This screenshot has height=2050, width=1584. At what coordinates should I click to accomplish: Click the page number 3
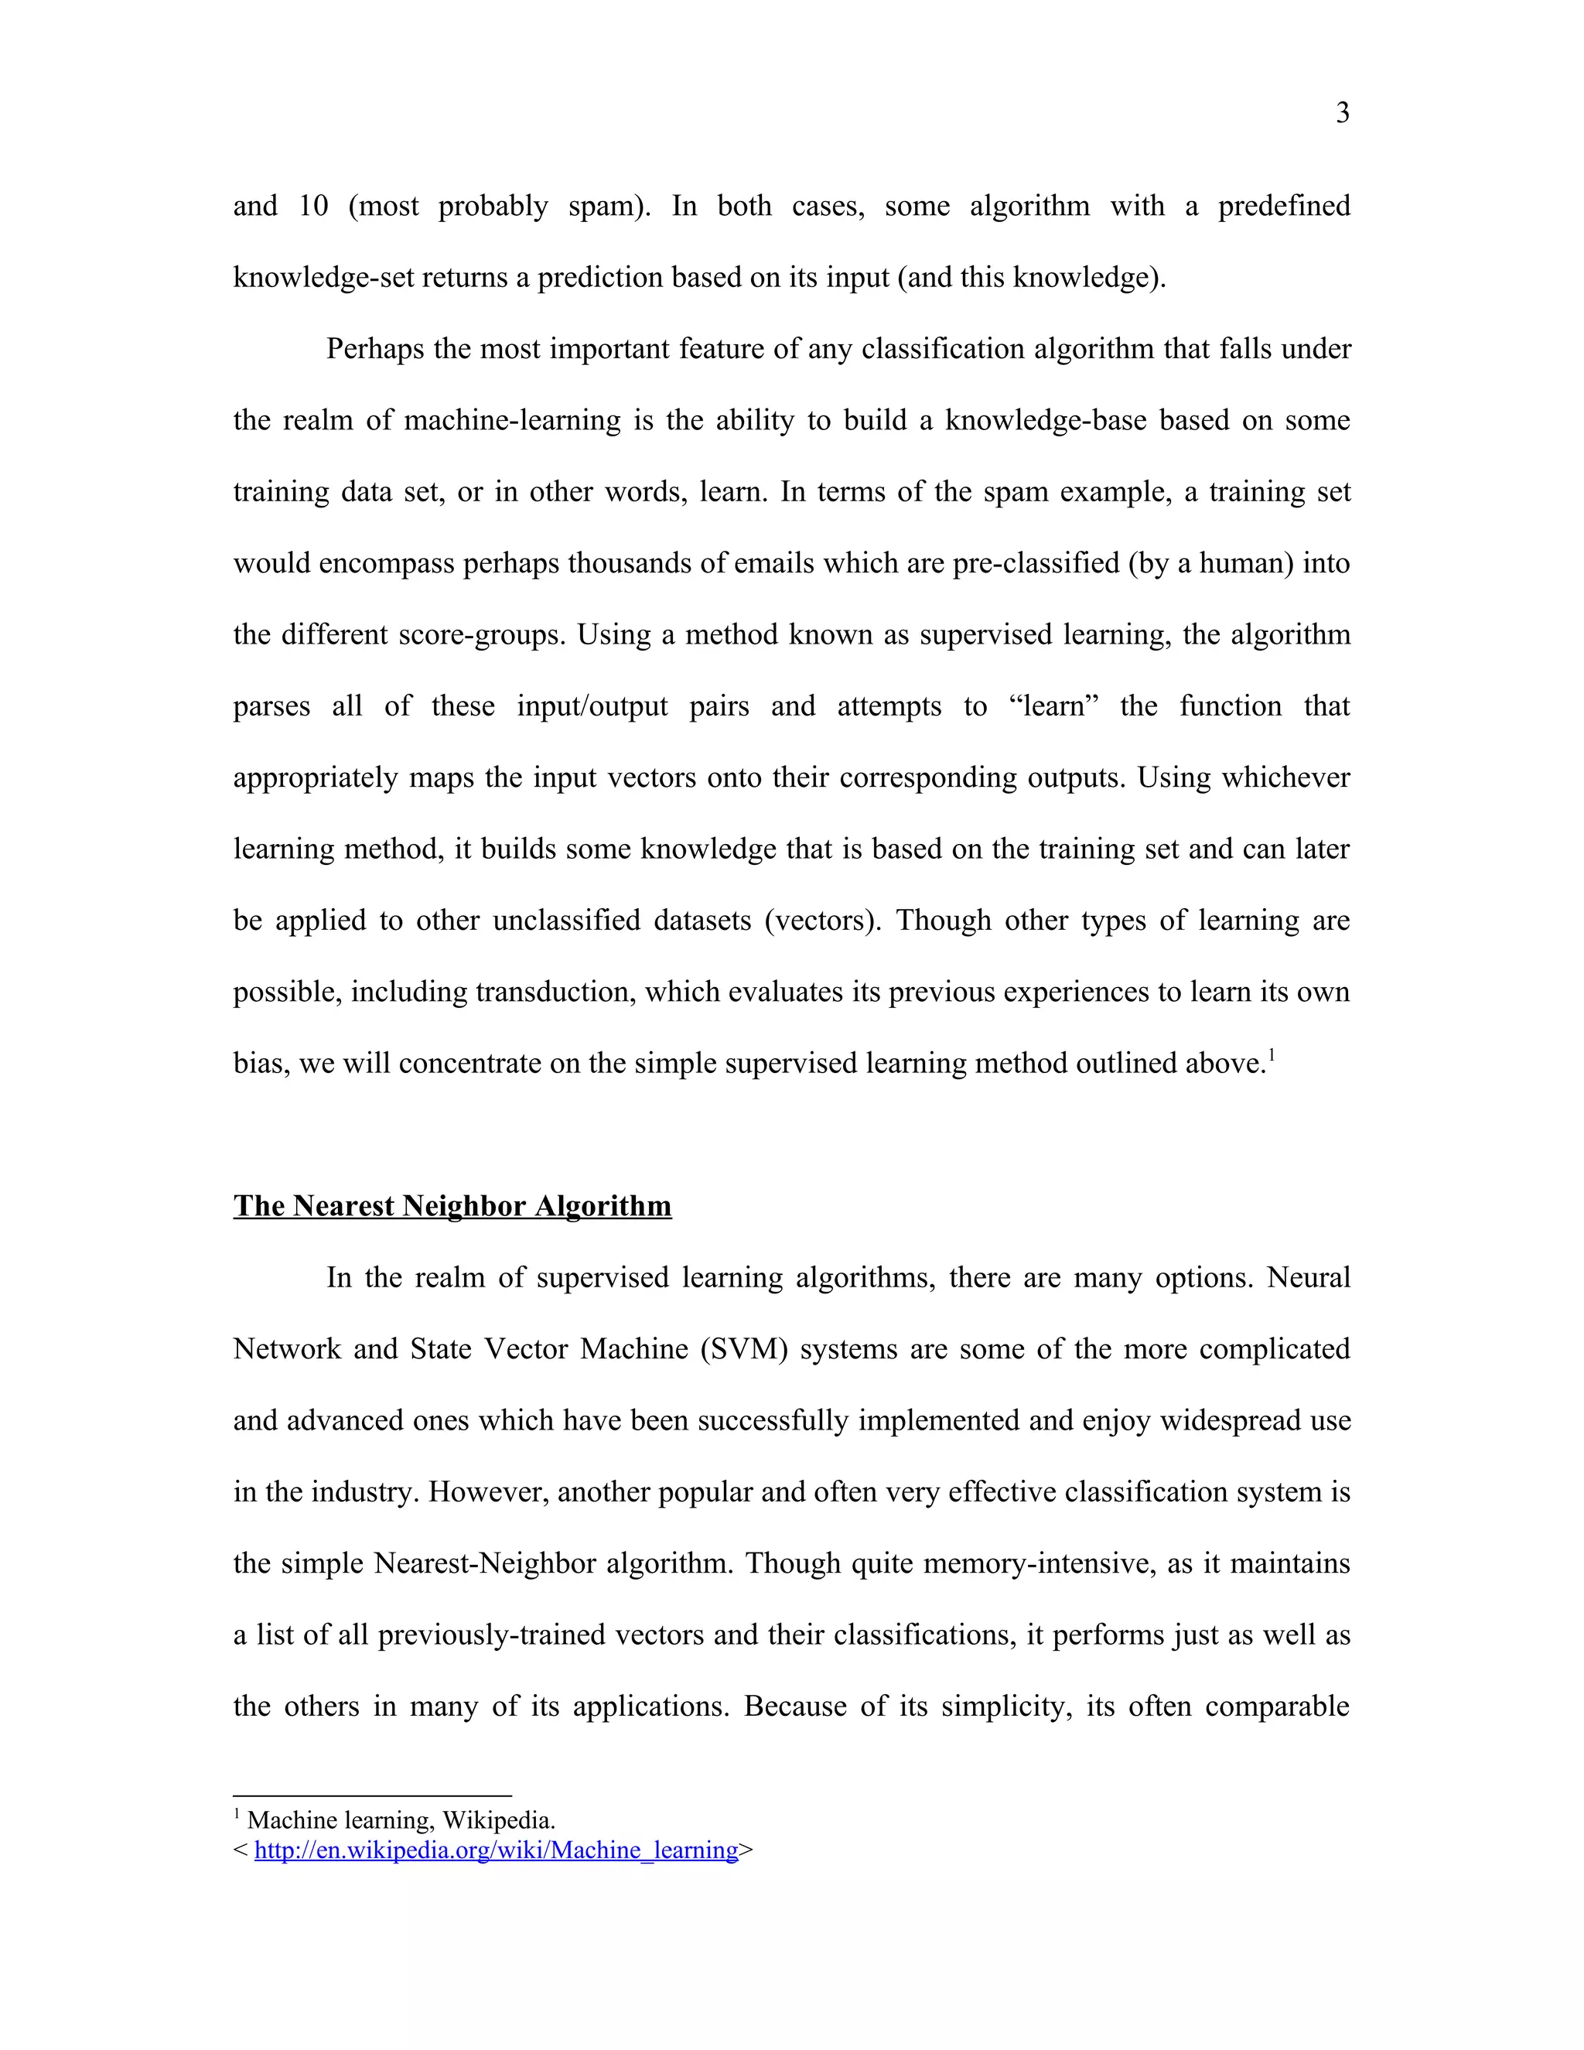(1342, 114)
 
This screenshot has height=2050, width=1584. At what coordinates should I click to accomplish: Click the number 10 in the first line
(312, 206)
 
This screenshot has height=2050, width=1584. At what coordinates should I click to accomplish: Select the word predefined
(1283, 206)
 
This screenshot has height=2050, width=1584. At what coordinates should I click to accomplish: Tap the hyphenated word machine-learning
(511, 421)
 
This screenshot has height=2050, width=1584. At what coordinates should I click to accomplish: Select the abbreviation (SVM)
(743, 1350)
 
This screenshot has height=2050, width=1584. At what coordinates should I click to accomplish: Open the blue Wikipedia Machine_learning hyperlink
(496, 1850)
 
